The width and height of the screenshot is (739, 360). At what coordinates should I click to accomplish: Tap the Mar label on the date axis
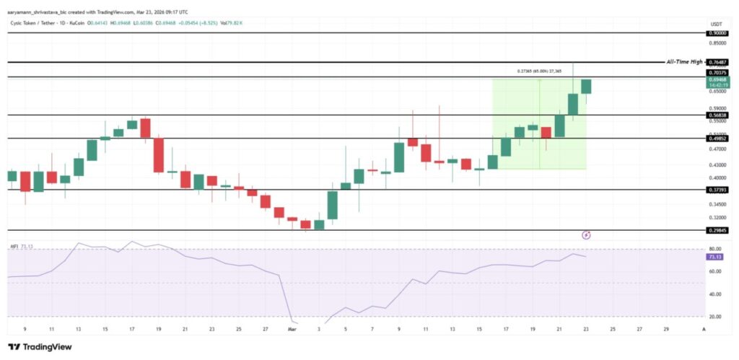(x=292, y=330)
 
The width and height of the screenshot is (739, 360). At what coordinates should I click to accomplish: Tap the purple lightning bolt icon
(x=587, y=234)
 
